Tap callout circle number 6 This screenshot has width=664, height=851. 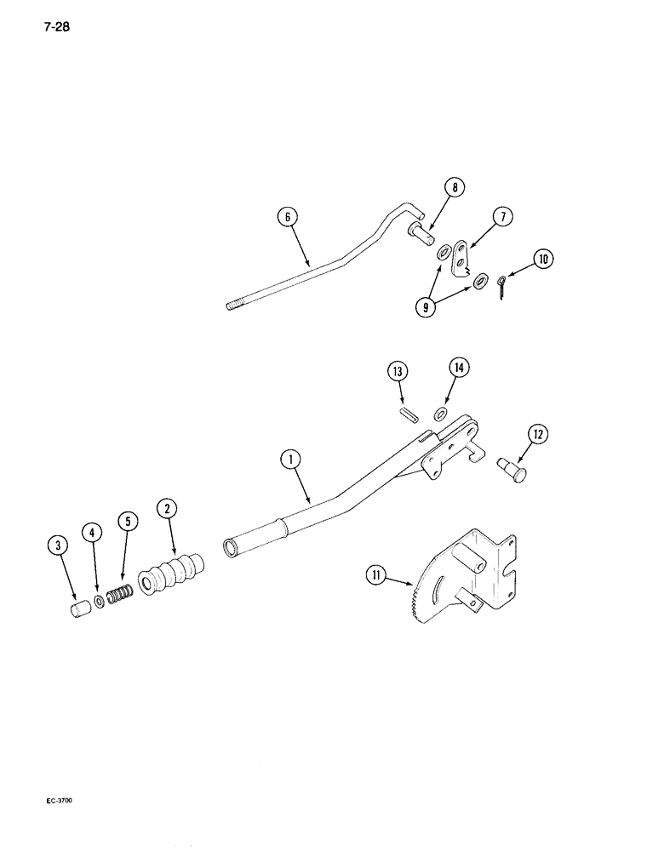pyautogui.click(x=289, y=218)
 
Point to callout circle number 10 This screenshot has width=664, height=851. pyautogui.click(x=541, y=257)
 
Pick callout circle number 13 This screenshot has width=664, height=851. pyautogui.click(x=398, y=372)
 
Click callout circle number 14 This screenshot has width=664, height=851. pyautogui.click(x=460, y=368)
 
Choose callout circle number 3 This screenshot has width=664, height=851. pyautogui.click(x=59, y=545)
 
